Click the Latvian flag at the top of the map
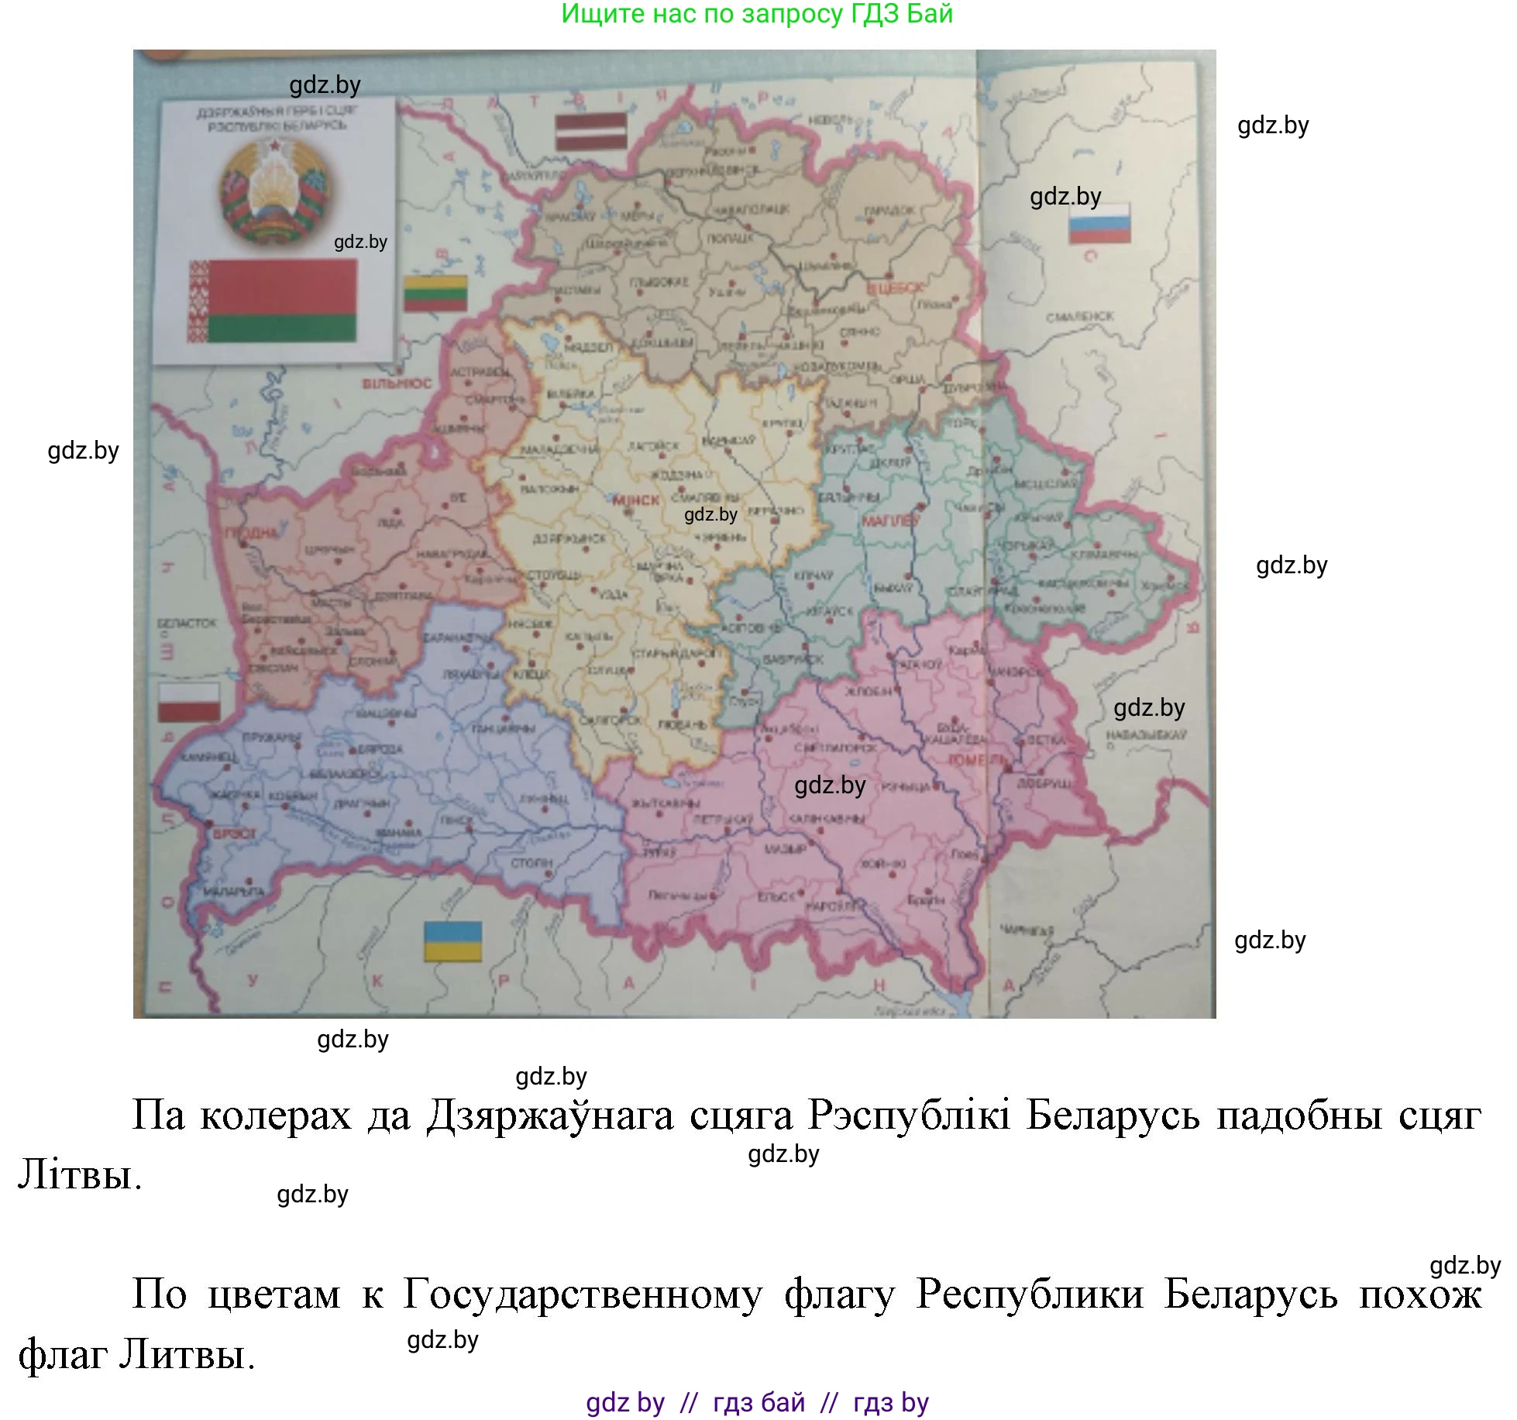coord(591,131)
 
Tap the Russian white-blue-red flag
coord(1099,224)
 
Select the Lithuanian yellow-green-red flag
coord(435,294)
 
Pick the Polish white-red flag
coord(189,702)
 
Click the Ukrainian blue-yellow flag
coord(452,941)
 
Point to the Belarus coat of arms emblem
coord(274,190)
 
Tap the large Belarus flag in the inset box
coord(272,301)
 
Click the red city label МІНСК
coord(635,500)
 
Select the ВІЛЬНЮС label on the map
coord(397,383)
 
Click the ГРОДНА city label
coord(251,533)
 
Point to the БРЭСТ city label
coord(229,835)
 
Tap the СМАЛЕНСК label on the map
coord(1079,317)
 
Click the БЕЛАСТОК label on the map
coord(187,623)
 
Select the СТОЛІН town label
coord(531,862)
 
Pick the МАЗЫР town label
coord(786,849)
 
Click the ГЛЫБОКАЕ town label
coord(658,283)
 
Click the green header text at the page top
coord(757,14)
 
